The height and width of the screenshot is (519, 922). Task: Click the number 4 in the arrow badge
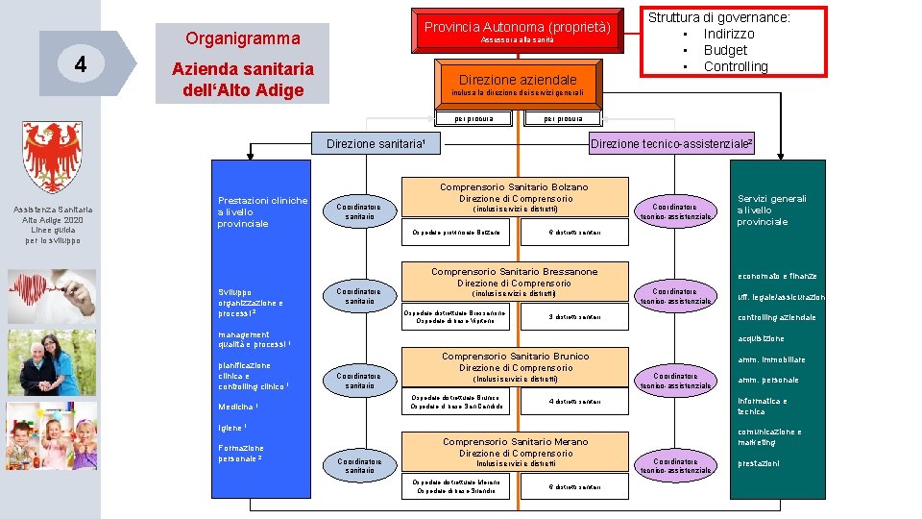(82, 64)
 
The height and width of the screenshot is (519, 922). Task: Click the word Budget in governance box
(725, 50)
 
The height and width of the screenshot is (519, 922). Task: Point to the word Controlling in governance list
(736, 66)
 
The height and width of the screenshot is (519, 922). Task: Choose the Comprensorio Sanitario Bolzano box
(514, 198)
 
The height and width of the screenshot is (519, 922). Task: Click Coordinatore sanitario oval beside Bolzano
(359, 211)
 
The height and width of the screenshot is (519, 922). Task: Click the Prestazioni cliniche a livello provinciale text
(262, 211)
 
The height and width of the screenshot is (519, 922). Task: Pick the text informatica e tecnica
(762, 406)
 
